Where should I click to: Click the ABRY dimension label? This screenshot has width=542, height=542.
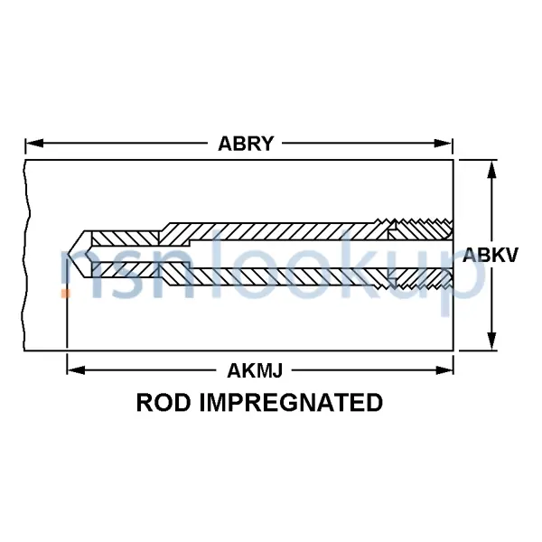tap(246, 143)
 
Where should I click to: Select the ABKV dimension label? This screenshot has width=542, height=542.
tap(491, 256)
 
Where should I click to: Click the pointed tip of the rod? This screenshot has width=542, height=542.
tap(70, 254)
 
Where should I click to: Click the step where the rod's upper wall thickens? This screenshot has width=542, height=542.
tap(160, 231)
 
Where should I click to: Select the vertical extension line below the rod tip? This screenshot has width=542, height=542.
tap(67, 316)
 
